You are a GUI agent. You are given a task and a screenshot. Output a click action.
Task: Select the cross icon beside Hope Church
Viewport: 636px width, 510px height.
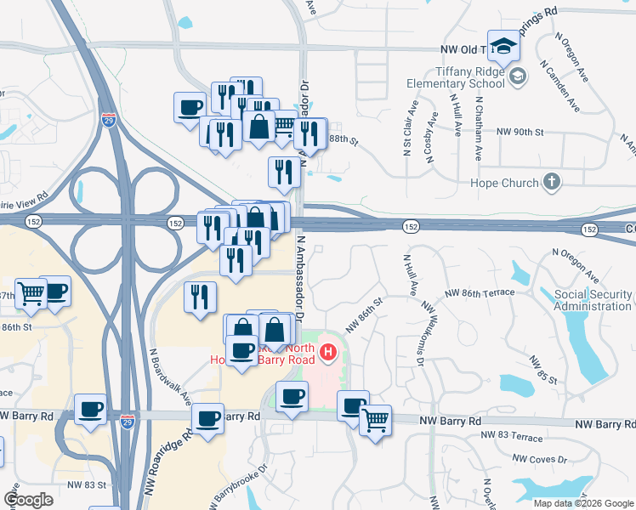pyautogui.click(x=551, y=182)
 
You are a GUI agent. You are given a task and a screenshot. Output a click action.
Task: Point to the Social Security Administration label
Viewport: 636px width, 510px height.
pyautogui.click(x=593, y=300)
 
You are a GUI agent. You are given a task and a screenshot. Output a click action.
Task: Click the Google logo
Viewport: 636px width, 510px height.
pyautogui.click(x=28, y=500)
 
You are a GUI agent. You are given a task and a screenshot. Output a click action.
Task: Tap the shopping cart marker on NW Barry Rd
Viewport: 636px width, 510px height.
pyautogui.click(x=375, y=419)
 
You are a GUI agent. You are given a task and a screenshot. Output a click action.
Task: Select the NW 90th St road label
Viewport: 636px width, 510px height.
pyautogui.click(x=520, y=133)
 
